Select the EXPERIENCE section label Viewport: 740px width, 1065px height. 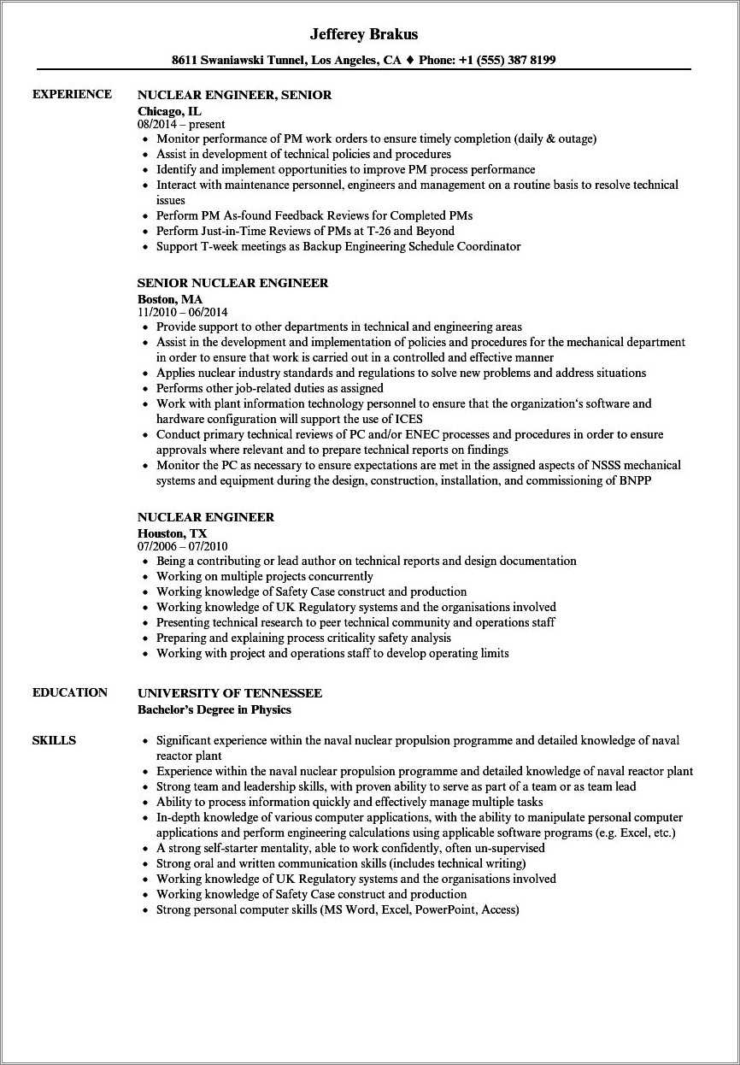tap(72, 94)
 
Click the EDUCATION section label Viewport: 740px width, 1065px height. tap(70, 692)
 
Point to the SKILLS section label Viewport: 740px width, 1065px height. tap(54, 740)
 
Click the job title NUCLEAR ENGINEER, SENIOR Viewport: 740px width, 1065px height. tap(234, 95)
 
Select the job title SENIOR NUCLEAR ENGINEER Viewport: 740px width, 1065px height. tap(232, 283)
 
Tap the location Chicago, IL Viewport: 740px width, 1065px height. tap(171, 111)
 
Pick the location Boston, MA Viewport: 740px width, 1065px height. tap(170, 299)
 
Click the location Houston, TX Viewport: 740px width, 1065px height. tap(172, 533)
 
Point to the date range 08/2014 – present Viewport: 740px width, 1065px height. tap(181, 124)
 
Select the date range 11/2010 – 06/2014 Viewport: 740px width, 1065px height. tap(182, 312)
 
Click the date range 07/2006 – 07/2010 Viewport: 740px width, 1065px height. tap(182, 546)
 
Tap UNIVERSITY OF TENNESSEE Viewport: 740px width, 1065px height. tap(230, 693)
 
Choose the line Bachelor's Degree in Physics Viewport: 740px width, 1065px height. tap(214, 709)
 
